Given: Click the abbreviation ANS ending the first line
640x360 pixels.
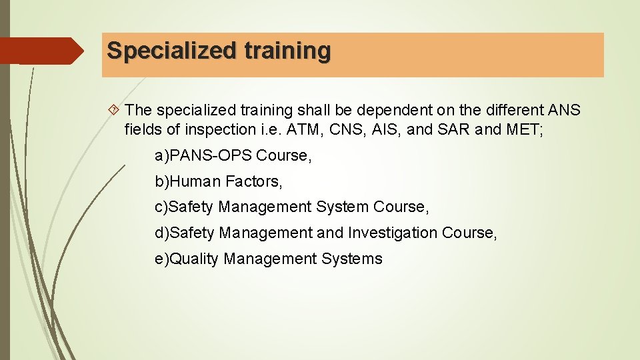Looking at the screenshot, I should [565, 109].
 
